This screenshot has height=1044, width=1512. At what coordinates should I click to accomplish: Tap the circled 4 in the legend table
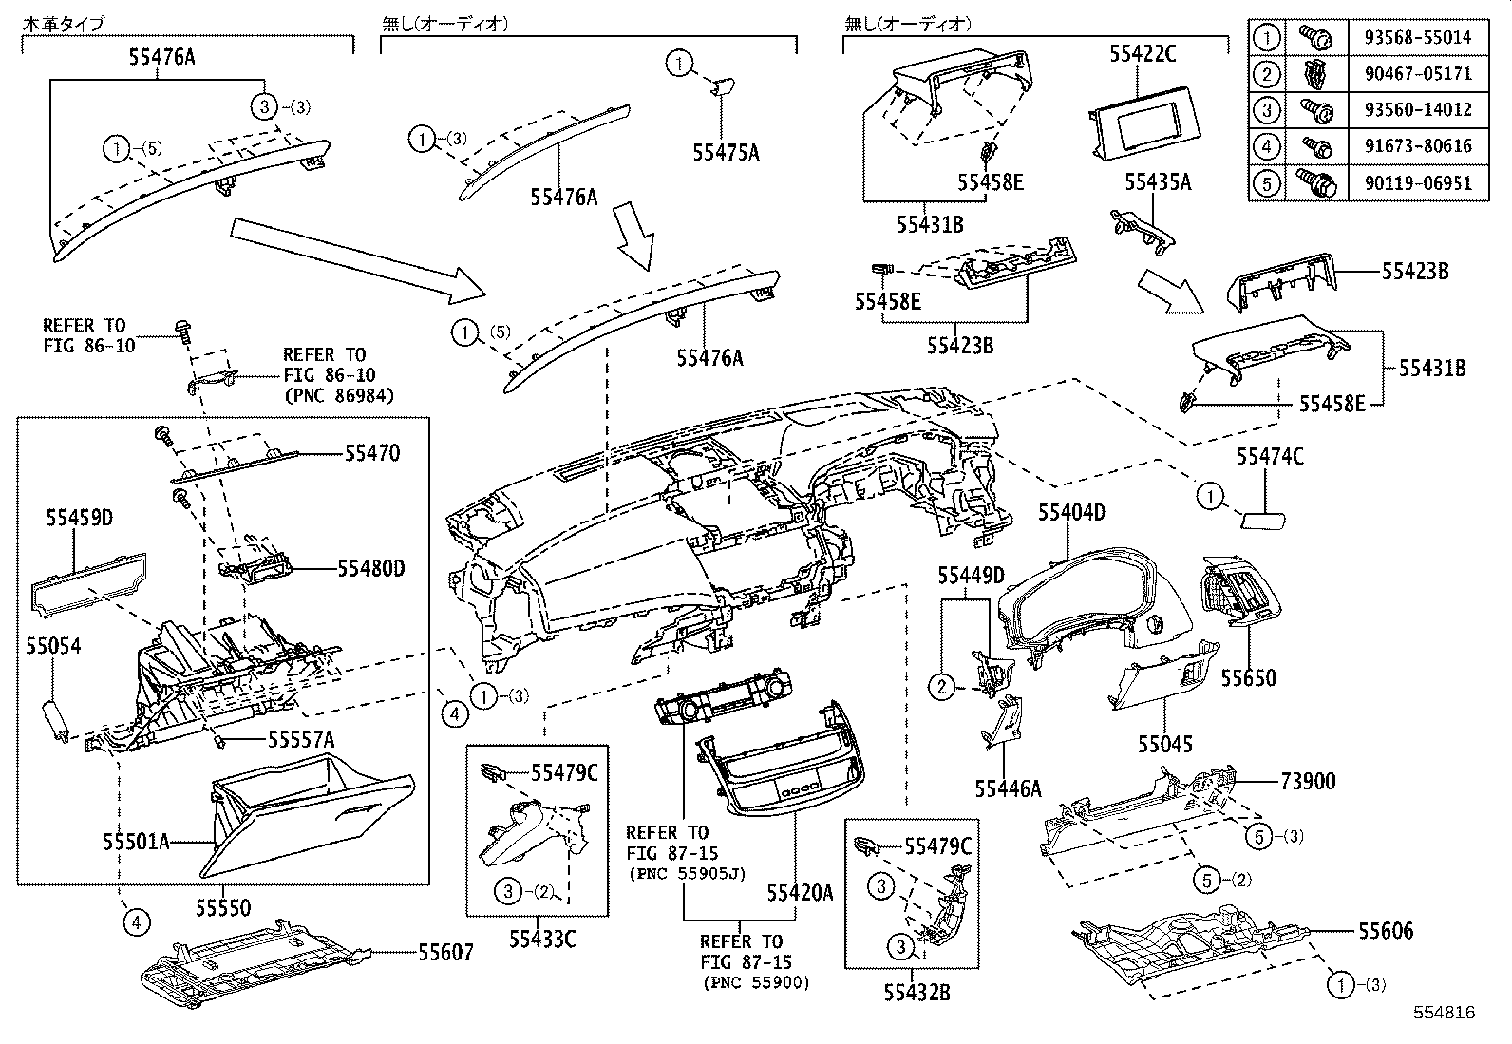tap(1267, 146)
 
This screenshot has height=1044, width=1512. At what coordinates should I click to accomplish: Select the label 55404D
tap(1071, 513)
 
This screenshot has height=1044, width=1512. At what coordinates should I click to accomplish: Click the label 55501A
tap(136, 842)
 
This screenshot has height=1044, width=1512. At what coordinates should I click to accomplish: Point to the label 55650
tap(1248, 678)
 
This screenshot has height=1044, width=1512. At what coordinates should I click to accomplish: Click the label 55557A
tap(300, 738)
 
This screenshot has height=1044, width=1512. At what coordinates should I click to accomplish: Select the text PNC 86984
tap(338, 394)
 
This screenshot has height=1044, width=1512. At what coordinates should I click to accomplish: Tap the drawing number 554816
tap(1443, 1014)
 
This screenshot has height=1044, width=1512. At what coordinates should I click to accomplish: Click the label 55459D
tap(80, 518)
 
